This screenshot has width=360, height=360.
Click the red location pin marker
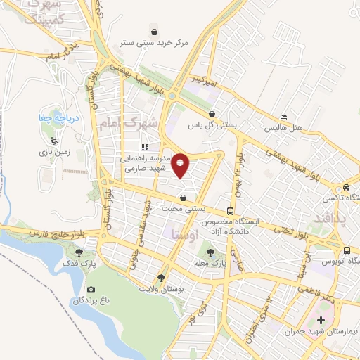coord(181,165)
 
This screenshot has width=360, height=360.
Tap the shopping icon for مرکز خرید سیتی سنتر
coord(154,32)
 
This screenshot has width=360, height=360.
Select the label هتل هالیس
coord(283,129)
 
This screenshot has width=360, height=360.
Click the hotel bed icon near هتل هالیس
coord(283,116)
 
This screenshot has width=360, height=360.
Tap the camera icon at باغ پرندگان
coord(91,289)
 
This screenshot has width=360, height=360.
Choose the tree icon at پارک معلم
coord(207,251)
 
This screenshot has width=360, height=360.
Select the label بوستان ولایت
coord(161,289)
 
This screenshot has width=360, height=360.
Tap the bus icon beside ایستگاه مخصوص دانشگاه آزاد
coord(231,211)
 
